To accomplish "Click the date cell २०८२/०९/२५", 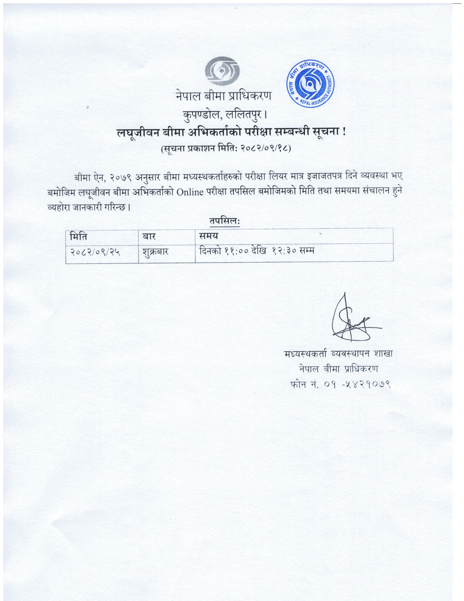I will click(95, 252).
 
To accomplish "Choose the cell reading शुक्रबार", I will click(155, 252).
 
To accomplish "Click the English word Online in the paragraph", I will click(190, 192).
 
